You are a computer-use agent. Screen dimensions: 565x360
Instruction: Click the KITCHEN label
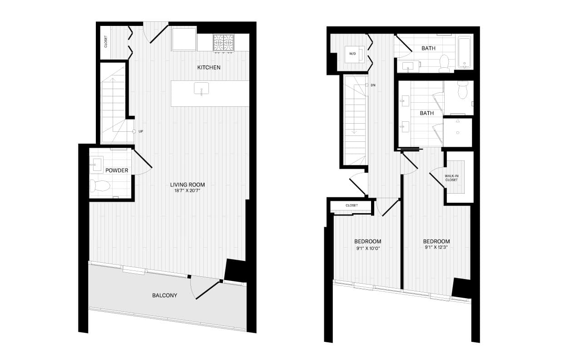(208, 67)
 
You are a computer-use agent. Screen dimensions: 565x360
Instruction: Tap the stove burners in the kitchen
(223, 43)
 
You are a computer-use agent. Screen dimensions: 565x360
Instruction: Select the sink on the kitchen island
(201, 89)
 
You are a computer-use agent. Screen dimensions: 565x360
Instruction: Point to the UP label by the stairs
(141, 131)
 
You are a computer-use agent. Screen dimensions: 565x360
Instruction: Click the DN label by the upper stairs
(373, 85)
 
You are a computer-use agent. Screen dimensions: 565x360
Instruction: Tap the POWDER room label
(117, 170)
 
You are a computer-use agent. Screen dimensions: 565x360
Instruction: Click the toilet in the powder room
(100, 186)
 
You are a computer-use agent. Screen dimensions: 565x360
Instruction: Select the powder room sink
(97, 164)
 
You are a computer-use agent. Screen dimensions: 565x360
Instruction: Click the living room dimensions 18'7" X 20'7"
(187, 191)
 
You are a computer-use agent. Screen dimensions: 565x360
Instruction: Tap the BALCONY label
(164, 295)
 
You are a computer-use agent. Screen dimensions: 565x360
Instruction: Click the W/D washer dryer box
(354, 54)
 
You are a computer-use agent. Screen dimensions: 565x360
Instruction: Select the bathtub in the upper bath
(464, 53)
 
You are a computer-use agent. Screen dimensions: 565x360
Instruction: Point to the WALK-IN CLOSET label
(451, 178)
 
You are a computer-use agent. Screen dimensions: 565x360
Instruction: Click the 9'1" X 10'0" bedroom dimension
(368, 249)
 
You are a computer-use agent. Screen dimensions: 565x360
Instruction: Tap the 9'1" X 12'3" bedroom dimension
(436, 247)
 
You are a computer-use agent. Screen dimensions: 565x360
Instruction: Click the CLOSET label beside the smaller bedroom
(352, 205)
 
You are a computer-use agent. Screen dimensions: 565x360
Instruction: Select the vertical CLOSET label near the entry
(106, 41)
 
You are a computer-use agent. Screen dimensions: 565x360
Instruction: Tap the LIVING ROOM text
(188, 185)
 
